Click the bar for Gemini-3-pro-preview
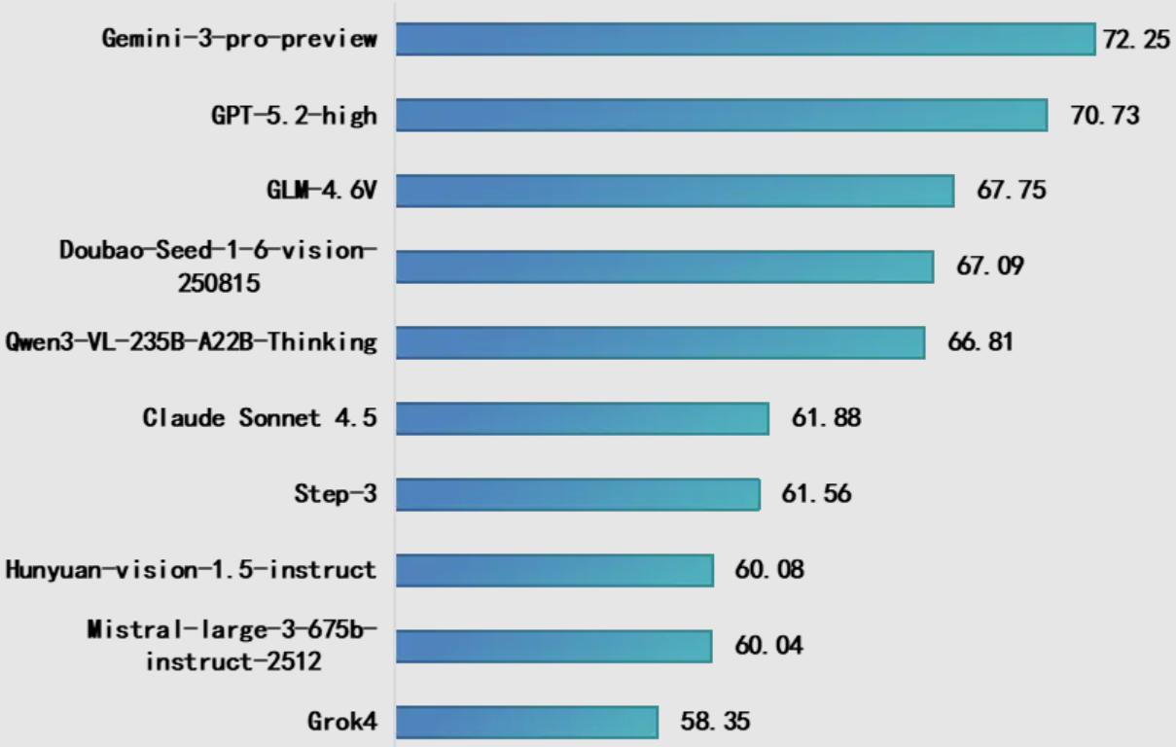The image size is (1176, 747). (745, 40)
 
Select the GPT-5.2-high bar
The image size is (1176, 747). (721, 115)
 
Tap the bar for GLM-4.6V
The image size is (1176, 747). (674, 191)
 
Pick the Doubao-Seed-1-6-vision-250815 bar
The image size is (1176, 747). (664, 267)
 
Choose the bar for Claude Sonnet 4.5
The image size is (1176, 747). (582, 418)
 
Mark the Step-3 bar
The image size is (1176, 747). (578, 494)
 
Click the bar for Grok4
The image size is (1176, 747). (526, 722)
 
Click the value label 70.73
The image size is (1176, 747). (1105, 116)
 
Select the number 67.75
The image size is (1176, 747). (1012, 190)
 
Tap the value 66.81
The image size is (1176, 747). (980, 341)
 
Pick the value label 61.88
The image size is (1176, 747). (826, 418)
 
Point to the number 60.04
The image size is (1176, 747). (769, 646)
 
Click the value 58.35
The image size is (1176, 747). (715, 722)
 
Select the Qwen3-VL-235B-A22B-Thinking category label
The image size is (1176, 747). (191, 342)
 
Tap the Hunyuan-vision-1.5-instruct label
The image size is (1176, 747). (191, 570)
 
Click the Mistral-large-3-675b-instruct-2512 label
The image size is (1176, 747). (232, 646)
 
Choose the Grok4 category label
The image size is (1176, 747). (342, 722)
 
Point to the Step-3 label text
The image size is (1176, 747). (335, 494)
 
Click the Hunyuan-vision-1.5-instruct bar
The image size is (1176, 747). (554, 570)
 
